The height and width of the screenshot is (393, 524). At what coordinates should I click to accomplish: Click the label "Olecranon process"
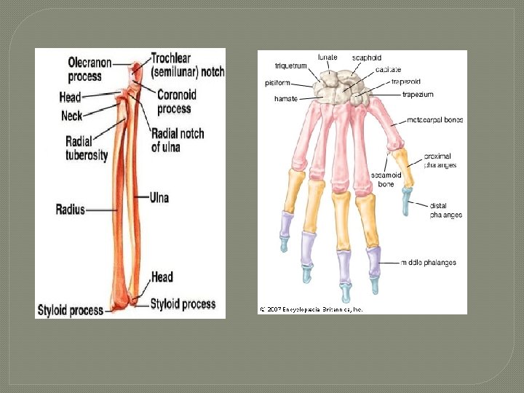click(90, 69)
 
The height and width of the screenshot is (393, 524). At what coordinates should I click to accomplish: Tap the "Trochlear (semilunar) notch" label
click(188, 65)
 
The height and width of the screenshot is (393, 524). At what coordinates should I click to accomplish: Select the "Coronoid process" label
click(177, 102)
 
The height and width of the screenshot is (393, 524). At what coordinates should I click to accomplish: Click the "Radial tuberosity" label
click(87, 148)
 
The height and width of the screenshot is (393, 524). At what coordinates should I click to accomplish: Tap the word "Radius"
click(71, 210)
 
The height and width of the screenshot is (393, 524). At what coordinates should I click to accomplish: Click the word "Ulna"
click(159, 197)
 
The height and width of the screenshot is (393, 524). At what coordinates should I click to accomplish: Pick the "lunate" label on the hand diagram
click(328, 57)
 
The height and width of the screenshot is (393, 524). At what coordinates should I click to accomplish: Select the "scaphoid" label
click(367, 58)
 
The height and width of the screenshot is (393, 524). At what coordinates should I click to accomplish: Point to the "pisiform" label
click(277, 83)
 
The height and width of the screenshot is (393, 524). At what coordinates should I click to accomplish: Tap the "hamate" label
click(285, 98)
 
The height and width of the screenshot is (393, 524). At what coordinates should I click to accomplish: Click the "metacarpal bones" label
click(435, 119)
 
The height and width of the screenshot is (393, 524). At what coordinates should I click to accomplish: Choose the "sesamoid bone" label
click(384, 180)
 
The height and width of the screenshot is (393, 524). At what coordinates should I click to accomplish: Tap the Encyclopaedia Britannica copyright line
click(311, 309)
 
